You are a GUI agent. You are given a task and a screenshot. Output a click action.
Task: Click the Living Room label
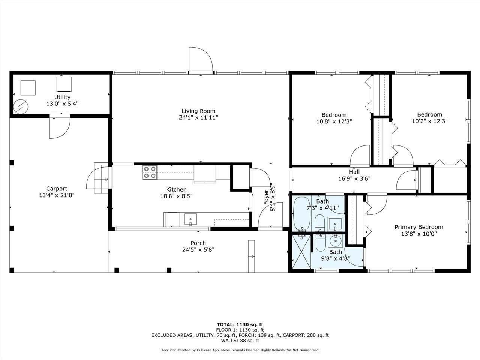[198, 111]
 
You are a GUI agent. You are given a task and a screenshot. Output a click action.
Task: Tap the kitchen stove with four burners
[150, 172]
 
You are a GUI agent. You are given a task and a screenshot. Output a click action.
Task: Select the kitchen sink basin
[190, 219]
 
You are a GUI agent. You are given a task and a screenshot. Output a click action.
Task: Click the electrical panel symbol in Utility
[21, 107]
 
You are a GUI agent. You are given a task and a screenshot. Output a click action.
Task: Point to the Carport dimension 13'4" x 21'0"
[57, 195]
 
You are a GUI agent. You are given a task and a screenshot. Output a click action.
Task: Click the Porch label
[198, 243]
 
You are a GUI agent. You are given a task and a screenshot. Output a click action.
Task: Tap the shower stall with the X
[301, 251]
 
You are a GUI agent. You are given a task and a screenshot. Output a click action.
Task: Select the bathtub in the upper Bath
[301, 214]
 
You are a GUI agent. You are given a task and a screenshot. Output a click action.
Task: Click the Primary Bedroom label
[419, 227]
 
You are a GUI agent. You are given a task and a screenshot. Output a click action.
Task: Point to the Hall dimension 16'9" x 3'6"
[354, 179]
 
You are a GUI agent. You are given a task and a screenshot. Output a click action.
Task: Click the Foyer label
[266, 197]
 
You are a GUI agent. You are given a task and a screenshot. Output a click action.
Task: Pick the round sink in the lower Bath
[336, 241]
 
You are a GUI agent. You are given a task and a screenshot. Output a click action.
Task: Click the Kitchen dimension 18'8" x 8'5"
[176, 196]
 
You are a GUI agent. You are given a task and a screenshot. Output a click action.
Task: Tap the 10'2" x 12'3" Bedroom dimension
[430, 121]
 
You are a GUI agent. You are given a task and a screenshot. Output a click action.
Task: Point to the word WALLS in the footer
[228, 340]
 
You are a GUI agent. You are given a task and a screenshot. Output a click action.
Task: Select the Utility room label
[62, 97]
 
